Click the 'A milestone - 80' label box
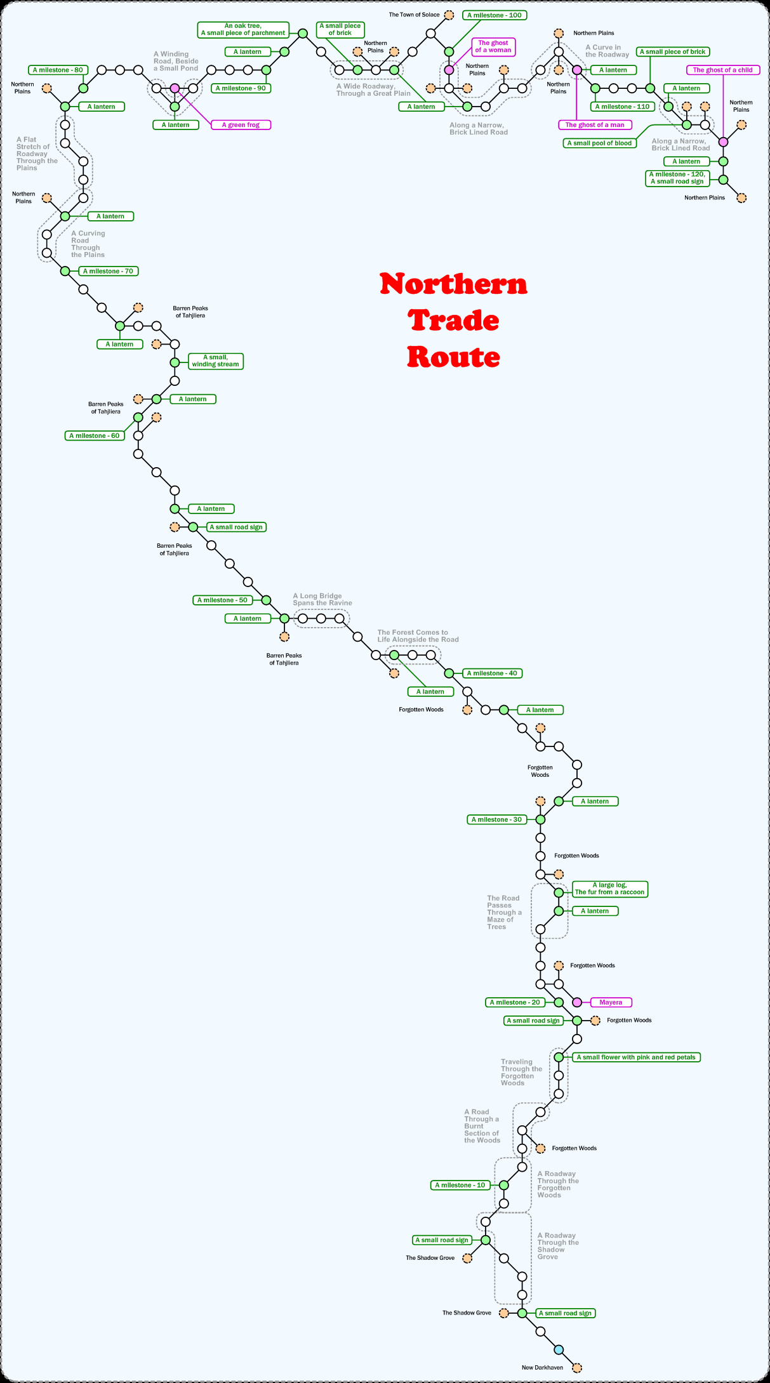[x=58, y=70]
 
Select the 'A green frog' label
[x=241, y=125]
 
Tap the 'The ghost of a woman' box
[x=493, y=47]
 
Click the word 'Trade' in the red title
[x=453, y=321]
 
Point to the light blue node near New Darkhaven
[x=559, y=1349]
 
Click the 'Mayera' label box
[x=611, y=1002]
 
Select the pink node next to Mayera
[x=577, y=1002]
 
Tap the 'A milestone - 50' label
[x=222, y=600]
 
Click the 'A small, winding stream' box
[x=215, y=361]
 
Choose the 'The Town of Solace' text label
[x=414, y=15]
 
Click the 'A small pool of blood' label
[x=599, y=143]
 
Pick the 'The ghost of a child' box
[x=722, y=70]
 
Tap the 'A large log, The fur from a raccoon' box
[x=609, y=889]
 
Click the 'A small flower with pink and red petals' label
[x=637, y=1057]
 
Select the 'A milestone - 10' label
[x=460, y=1185]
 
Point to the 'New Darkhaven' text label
[x=542, y=1367]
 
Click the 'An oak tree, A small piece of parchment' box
[x=243, y=30]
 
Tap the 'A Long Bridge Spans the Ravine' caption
[x=322, y=600]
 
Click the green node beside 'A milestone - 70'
[x=65, y=271]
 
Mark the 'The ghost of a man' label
[x=595, y=125]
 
